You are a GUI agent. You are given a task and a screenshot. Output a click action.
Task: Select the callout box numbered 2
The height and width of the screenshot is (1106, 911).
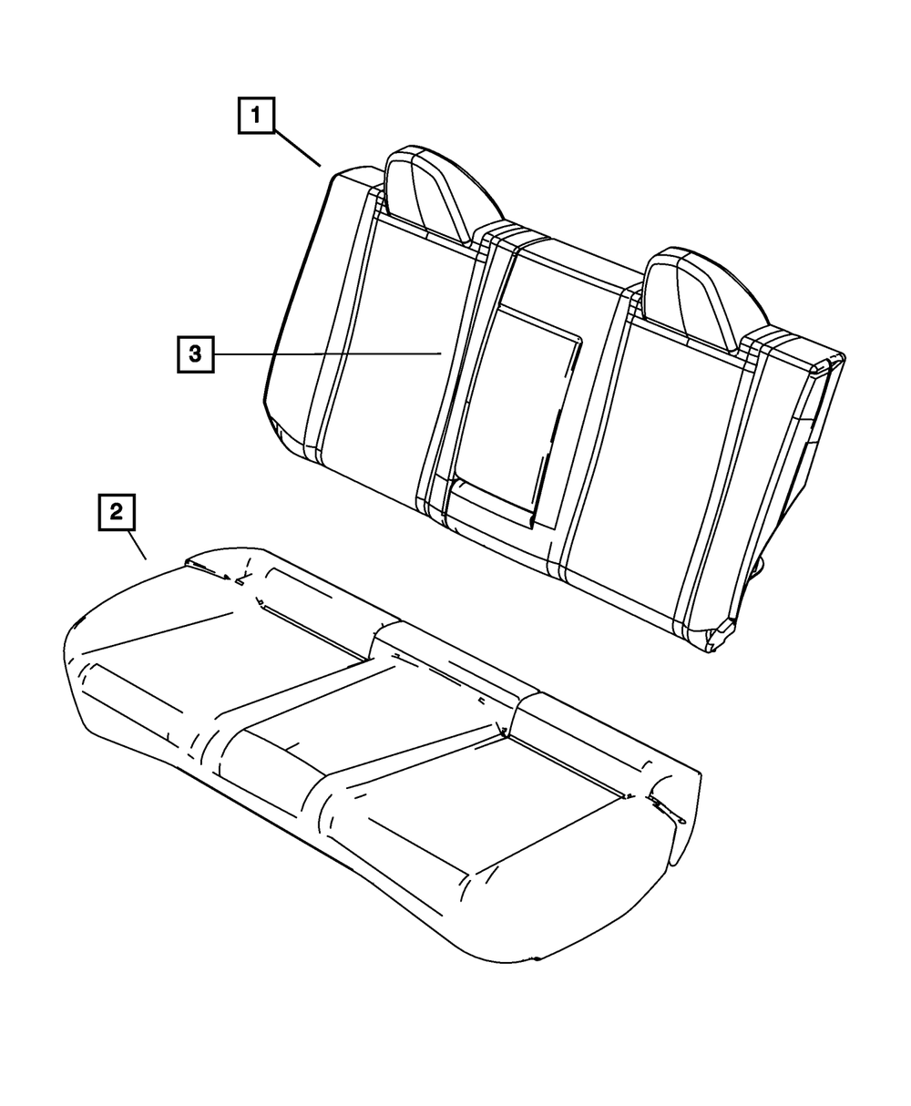116,512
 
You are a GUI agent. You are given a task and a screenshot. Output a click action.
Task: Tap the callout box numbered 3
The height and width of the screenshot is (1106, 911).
195,353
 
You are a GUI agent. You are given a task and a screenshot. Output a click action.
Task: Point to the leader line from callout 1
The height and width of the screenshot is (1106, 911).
296,148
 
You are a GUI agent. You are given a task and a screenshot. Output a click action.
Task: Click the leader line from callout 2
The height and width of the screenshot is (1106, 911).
138,546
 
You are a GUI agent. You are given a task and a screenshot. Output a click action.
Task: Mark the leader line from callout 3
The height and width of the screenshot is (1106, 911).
328,353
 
